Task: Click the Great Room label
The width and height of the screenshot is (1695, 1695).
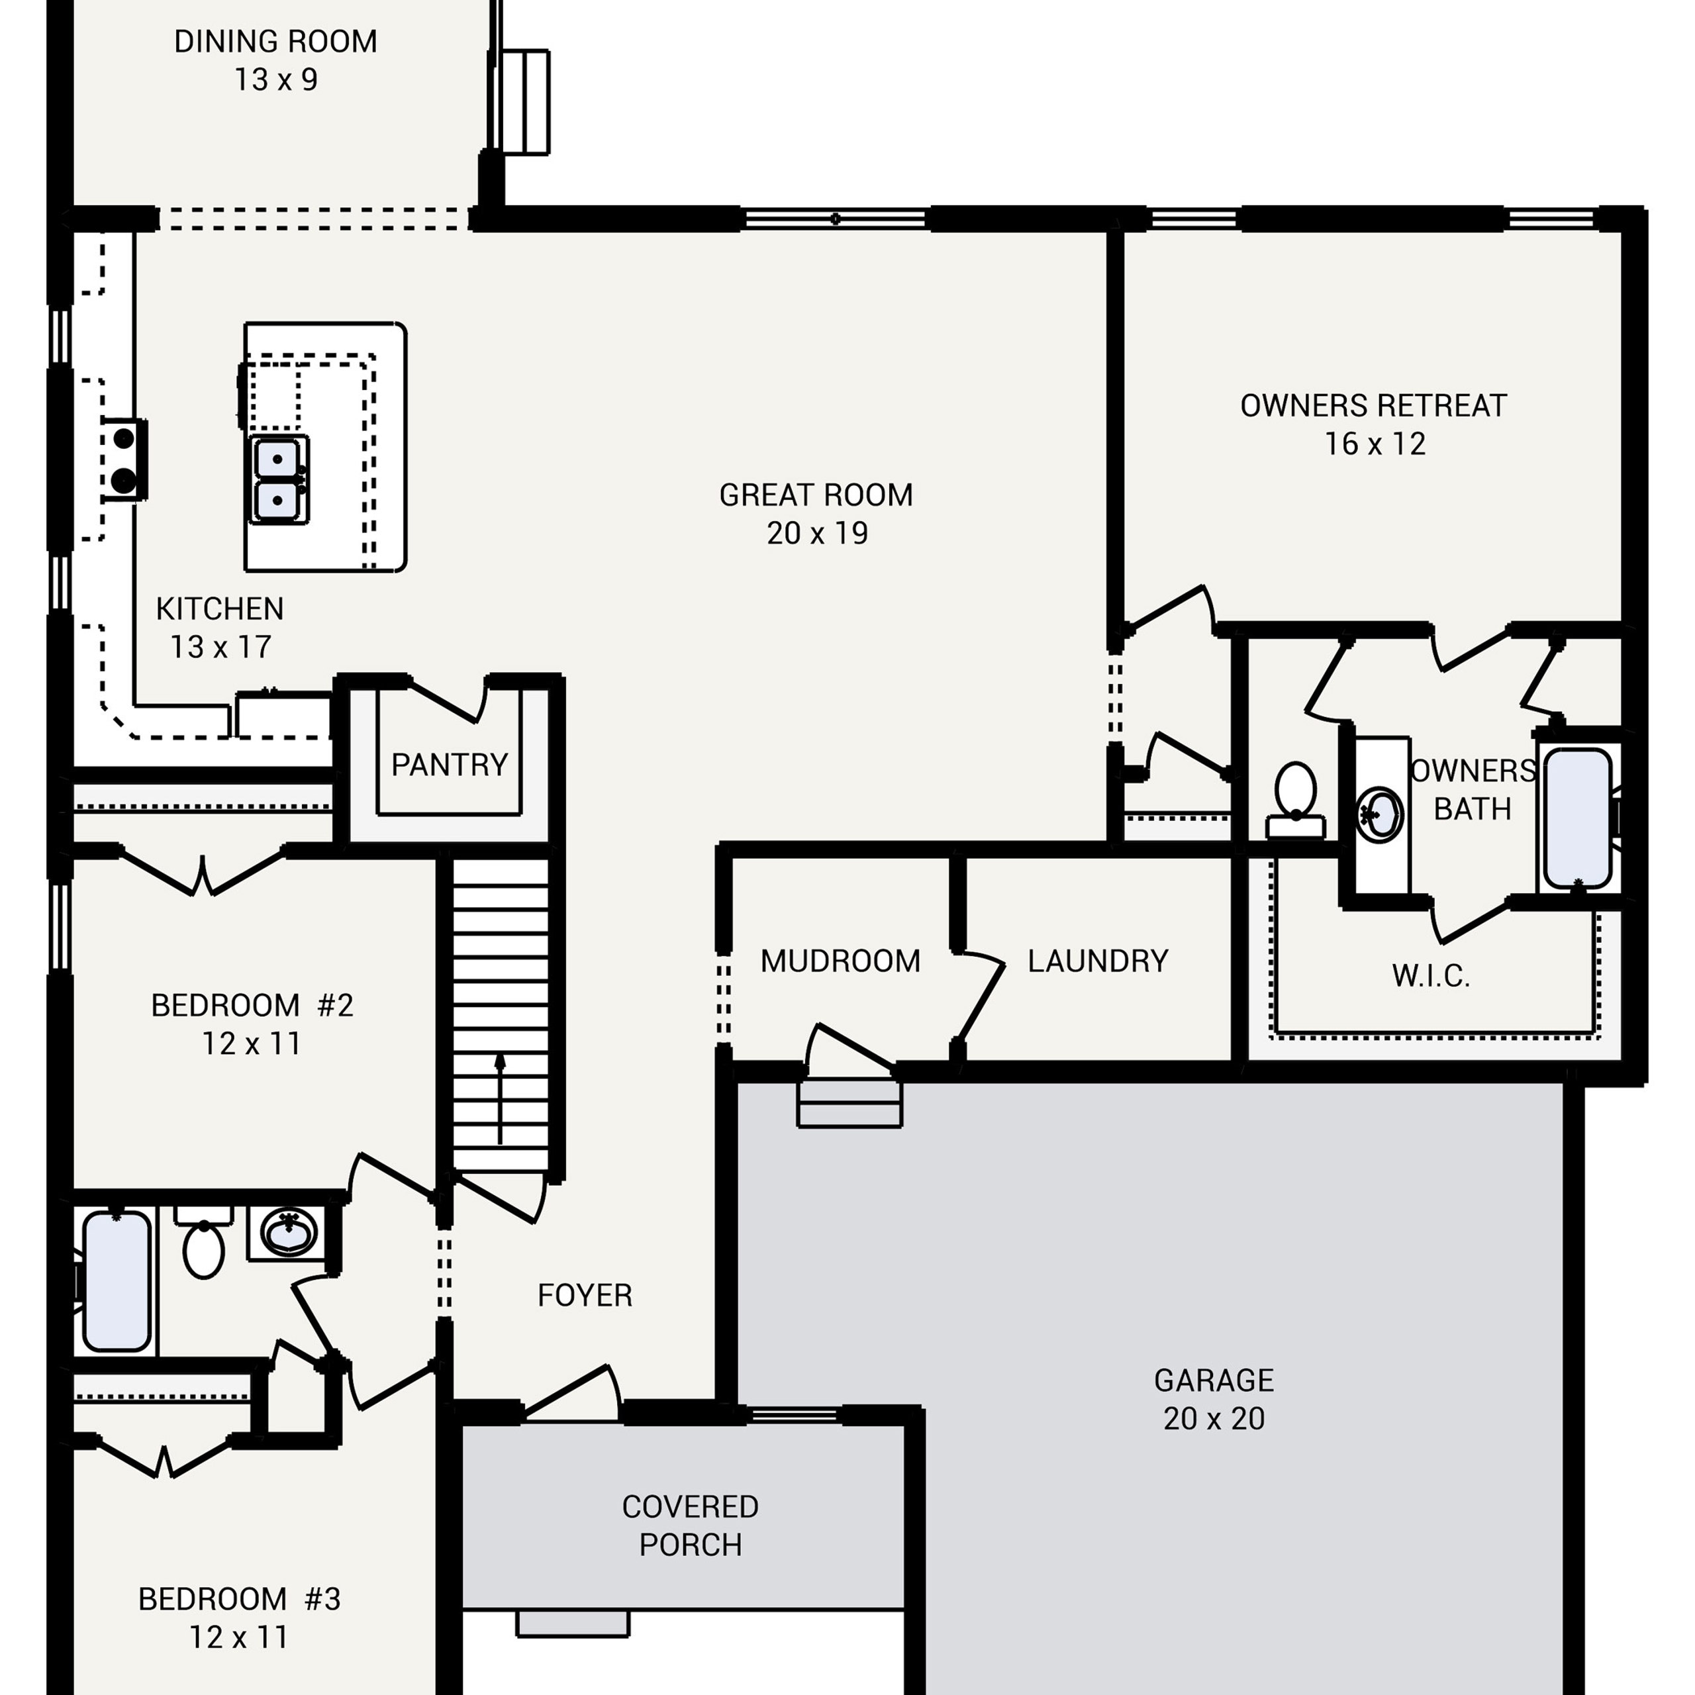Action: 816,495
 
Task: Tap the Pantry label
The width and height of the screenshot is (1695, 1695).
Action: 449,765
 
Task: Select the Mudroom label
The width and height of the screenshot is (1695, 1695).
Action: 840,961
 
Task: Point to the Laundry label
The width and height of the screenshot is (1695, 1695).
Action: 1098,961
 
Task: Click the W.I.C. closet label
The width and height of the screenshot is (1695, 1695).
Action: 1430,975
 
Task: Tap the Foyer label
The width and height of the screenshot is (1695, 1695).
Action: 584,1295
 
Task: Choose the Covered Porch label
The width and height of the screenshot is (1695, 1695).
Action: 691,1525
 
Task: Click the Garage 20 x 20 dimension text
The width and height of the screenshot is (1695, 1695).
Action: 1214,1419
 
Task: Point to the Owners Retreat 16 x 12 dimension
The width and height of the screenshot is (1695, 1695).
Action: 1375,444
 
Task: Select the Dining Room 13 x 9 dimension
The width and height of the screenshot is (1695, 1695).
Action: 275,80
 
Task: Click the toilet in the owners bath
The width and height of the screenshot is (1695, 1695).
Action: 1295,799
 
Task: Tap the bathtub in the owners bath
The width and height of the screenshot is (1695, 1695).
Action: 1577,818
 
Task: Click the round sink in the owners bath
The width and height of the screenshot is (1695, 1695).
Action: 1379,814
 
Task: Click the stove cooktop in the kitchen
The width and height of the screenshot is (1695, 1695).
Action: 124,460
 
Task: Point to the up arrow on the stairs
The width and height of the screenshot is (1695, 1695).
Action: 500,1098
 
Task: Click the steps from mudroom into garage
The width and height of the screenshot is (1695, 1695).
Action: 849,1103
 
